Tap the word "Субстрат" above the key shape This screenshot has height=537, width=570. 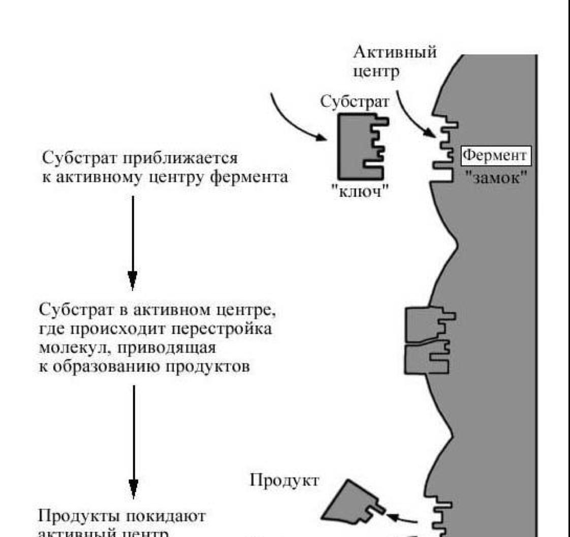(x=356, y=102)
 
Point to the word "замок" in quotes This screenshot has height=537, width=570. (x=496, y=178)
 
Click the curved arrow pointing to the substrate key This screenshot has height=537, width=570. (x=295, y=120)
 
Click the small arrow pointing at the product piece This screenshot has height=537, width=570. (x=402, y=518)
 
